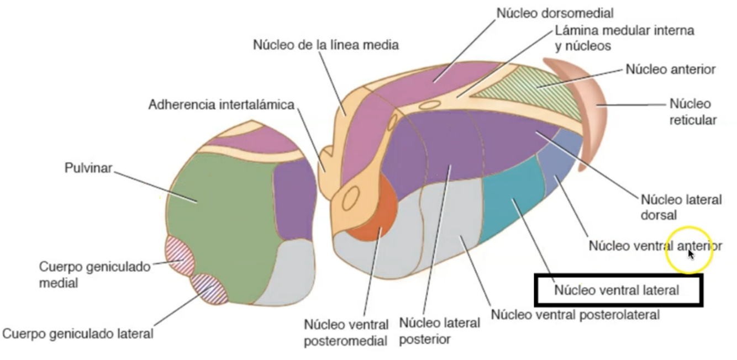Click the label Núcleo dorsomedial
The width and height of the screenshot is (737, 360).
click(555, 13)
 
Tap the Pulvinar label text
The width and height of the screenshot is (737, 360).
click(88, 168)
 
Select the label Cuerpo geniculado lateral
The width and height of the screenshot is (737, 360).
click(78, 333)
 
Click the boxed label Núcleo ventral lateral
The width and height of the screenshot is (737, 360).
click(617, 290)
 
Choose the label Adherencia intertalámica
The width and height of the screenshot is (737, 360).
click(221, 104)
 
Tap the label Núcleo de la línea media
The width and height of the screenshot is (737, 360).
click(325, 45)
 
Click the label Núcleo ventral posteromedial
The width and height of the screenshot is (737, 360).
click(346, 332)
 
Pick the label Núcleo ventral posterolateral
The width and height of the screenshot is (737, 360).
click(575, 315)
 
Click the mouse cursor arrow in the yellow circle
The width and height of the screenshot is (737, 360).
click(690, 253)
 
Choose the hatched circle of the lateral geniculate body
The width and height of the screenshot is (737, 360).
click(209, 289)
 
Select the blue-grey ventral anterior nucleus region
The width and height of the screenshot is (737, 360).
click(561, 160)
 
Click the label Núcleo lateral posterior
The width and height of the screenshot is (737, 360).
click(439, 330)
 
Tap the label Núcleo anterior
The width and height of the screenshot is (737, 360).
click(670, 70)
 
